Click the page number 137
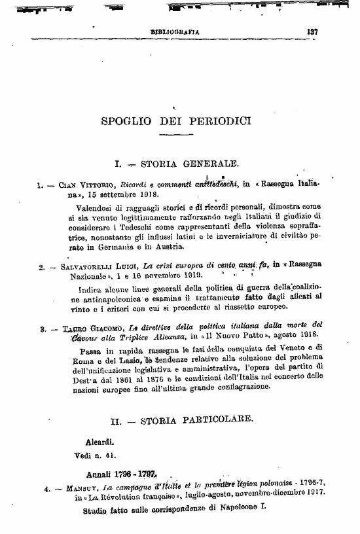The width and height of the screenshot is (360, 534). (x=312, y=30)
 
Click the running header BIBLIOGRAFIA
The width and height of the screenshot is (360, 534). (x=175, y=31)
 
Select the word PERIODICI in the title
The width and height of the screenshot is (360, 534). (x=221, y=121)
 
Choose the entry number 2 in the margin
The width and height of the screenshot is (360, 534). (x=42, y=267)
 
